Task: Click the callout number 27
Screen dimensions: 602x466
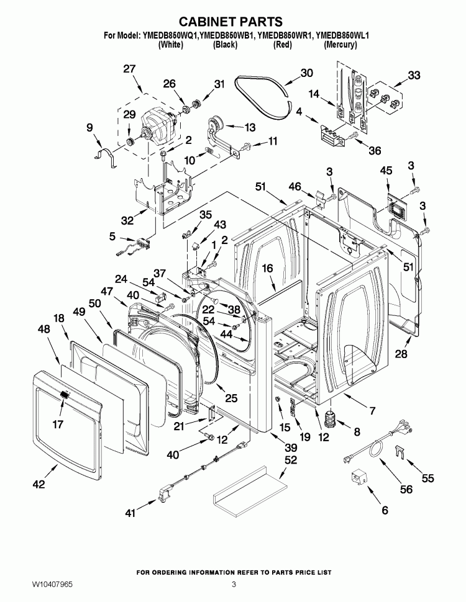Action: point(129,69)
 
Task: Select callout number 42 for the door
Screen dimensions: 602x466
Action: point(39,485)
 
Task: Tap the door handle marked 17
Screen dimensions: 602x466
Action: point(65,396)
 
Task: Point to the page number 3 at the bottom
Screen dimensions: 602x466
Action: point(234,585)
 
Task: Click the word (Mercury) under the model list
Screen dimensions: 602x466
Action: point(340,45)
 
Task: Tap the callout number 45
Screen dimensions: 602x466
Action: point(386,170)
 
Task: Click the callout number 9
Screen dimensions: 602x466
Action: point(89,127)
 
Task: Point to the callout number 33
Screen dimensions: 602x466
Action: point(413,76)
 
